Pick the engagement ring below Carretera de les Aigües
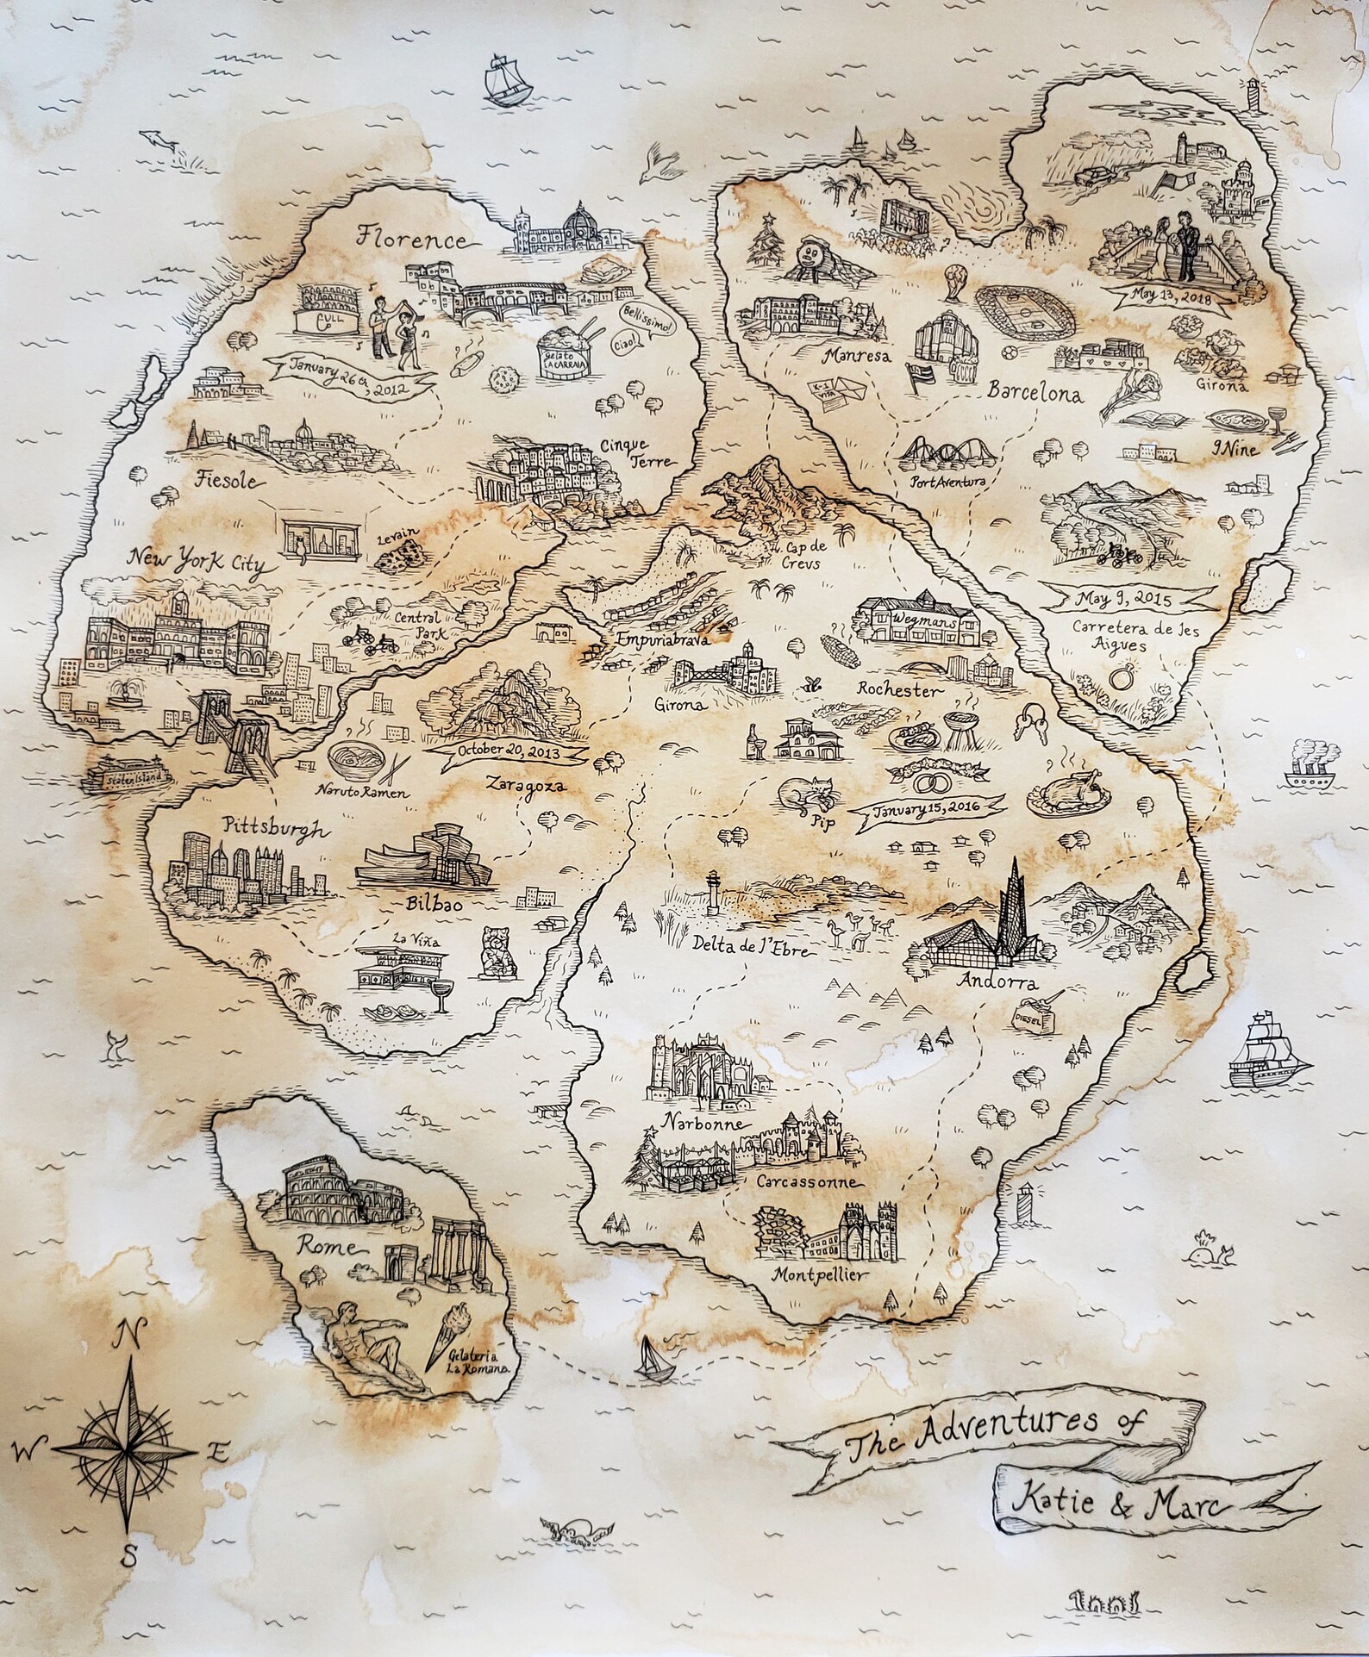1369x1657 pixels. click(x=1121, y=677)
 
